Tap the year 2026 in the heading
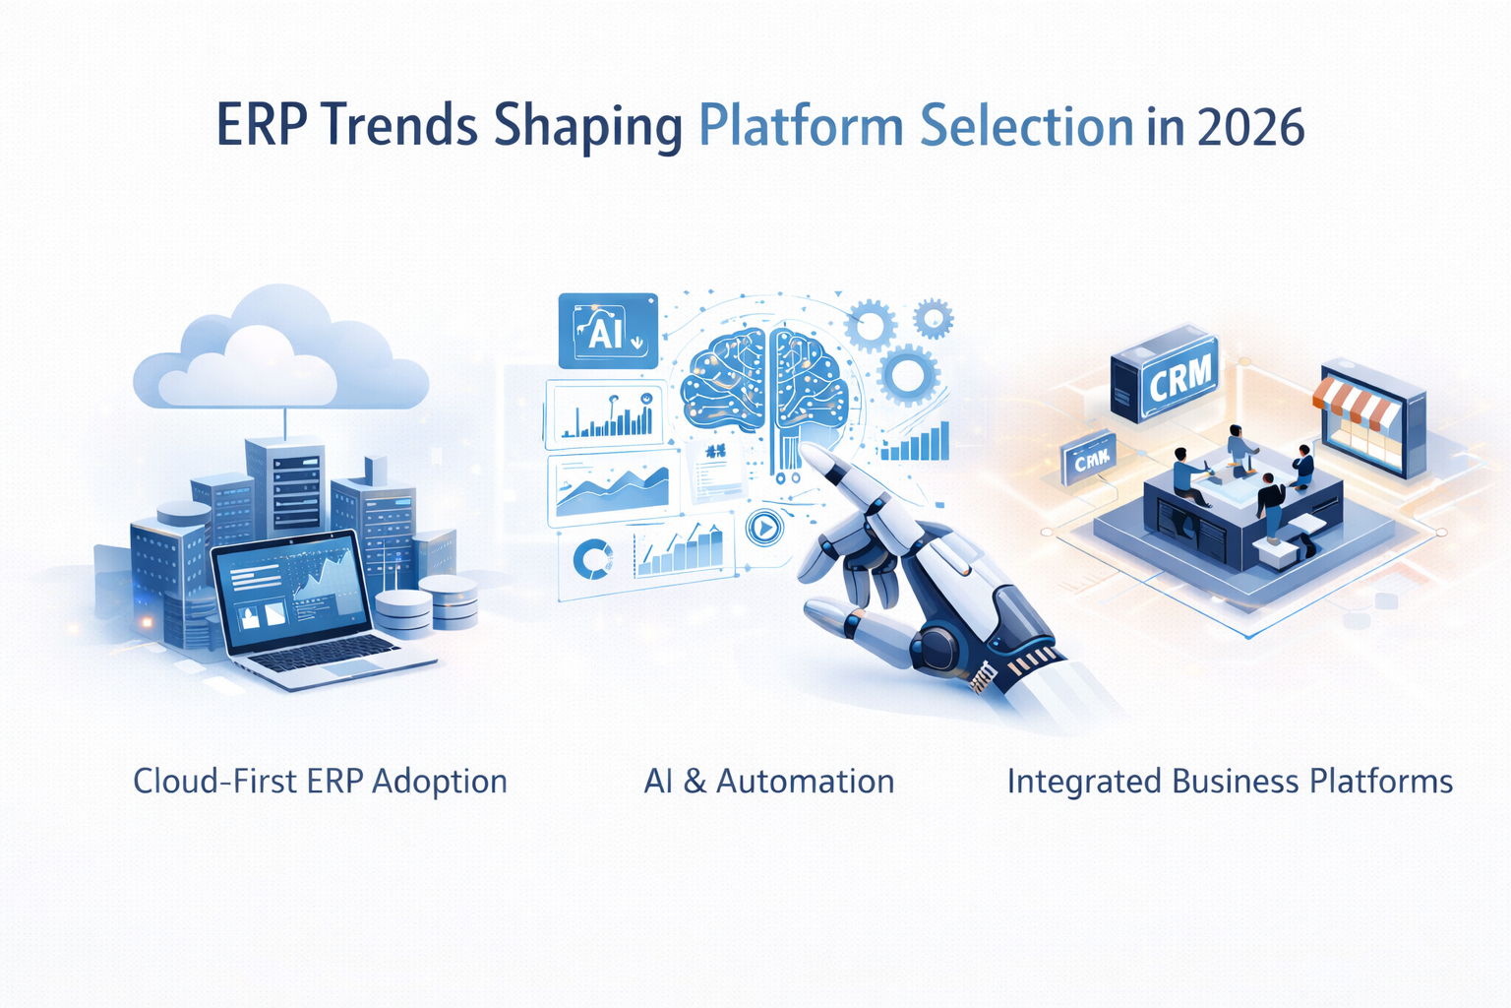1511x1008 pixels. tap(1251, 127)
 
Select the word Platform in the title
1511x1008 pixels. tap(801, 127)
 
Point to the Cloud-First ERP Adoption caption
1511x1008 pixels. tap(320, 781)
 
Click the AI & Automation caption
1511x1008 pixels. tap(768, 781)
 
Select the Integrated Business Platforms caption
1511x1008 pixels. tap(1230, 781)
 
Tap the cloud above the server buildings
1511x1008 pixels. tap(280, 354)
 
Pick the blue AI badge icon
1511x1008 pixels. tap(607, 331)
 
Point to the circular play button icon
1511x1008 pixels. tap(764, 529)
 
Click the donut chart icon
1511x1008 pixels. tap(592, 558)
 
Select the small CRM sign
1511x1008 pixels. tap(1089, 460)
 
